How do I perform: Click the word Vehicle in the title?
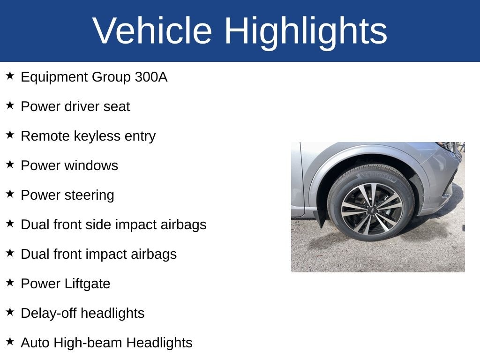153,31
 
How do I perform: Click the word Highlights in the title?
306,31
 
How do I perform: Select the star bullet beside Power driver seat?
10,105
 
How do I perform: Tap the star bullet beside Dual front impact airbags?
10,253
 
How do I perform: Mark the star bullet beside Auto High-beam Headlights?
10,342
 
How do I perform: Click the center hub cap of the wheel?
371,209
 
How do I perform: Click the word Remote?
45,136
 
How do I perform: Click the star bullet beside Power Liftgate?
10,283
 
